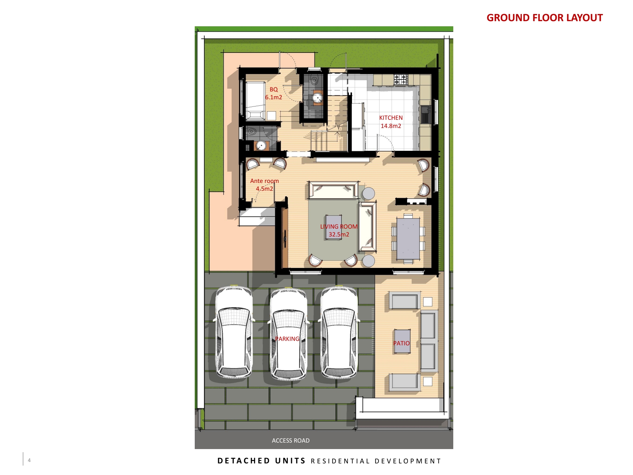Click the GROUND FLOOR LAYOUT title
544,18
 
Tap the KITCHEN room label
391,118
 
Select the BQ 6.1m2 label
274,93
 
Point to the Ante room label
264,181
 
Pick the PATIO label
401,343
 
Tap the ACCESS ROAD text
291,441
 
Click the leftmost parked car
234,332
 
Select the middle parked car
289,333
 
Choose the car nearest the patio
339,332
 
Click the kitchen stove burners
401,80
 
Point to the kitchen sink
426,114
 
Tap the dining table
408,239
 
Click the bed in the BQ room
255,101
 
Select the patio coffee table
402,341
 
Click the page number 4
29,460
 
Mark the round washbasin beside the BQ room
318,98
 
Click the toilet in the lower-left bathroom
252,131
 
